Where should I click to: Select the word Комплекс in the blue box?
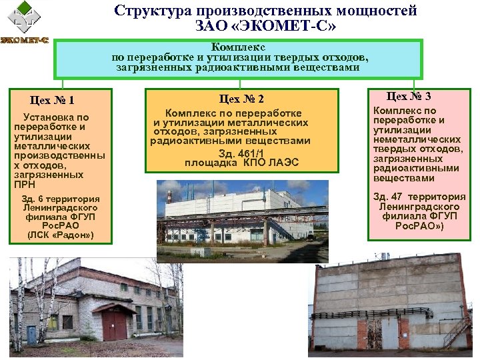pos(238,47)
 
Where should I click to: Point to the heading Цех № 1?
pos(51,101)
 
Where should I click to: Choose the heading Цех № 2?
pos(241,99)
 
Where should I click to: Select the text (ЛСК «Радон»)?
pos(60,236)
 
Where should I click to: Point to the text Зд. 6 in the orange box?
pos(31,199)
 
